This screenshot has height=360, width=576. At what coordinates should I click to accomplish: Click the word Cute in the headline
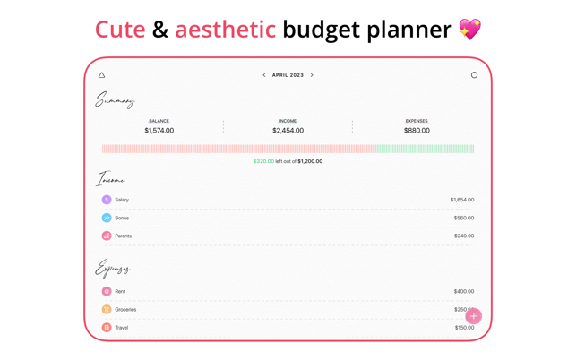[120, 30]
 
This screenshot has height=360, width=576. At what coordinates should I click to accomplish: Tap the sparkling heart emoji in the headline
[469, 29]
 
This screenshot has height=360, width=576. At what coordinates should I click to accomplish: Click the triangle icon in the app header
[102, 75]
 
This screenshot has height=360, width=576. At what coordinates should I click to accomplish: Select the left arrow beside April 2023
[264, 75]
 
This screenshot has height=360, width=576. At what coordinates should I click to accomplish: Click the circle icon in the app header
[474, 75]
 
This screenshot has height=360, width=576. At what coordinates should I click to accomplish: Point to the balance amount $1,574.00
[159, 131]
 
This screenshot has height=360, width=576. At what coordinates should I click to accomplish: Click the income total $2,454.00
[288, 131]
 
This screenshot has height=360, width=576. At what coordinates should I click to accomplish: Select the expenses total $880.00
[417, 131]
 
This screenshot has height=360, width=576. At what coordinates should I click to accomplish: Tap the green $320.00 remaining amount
[263, 161]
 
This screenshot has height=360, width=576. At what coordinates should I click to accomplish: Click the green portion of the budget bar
[425, 149]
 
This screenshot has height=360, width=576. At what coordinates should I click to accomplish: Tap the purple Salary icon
[107, 200]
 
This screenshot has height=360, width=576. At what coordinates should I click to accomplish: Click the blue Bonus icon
[107, 218]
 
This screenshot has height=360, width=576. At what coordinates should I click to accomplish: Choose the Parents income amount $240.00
[464, 236]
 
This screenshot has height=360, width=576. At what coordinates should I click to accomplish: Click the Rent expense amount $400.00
[464, 291]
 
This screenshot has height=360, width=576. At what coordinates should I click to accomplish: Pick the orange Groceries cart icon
[107, 309]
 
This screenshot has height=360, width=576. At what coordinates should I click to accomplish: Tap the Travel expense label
[122, 328]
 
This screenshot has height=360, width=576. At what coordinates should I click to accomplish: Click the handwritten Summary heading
[115, 100]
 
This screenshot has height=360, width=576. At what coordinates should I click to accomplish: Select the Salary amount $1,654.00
[462, 200]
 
